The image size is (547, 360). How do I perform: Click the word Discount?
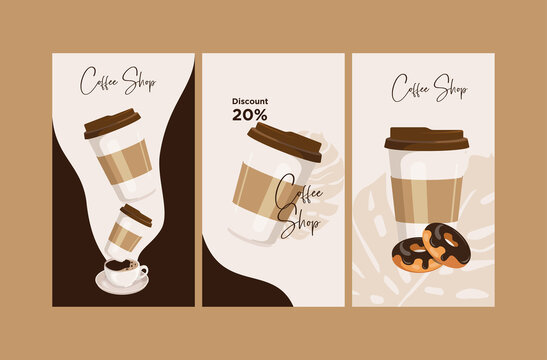(249, 101)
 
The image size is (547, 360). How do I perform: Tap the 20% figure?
(249, 115)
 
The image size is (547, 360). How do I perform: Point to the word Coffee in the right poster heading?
(411, 88)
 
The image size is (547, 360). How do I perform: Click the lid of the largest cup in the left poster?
(112, 124)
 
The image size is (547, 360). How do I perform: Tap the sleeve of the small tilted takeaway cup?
(126, 232)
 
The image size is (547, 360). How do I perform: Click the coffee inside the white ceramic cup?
(121, 267)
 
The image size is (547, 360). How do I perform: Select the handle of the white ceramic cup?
(143, 270)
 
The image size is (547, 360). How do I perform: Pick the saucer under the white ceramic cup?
(122, 287)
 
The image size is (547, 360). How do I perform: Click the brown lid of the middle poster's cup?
(284, 141)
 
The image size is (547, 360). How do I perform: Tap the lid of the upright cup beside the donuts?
(426, 138)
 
